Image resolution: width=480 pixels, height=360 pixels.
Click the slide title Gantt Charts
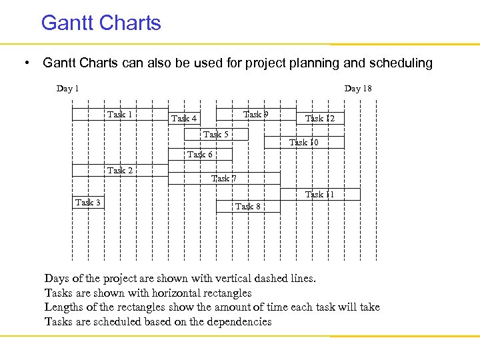point(101,23)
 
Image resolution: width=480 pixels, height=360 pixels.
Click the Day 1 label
point(67,89)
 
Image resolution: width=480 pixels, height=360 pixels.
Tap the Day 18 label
point(358,89)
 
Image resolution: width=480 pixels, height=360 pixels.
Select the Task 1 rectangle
point(120,114)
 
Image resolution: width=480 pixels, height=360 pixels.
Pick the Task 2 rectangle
point(120,170)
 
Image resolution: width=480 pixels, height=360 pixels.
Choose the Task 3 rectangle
point(88,202)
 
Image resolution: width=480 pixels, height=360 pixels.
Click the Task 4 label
point(184,119)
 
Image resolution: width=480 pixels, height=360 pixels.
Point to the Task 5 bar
point(216,135)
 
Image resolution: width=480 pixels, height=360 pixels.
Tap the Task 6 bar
point(200,155)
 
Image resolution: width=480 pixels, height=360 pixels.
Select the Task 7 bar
point(224,178)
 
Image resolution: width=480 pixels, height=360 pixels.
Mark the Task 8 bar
point(248,206)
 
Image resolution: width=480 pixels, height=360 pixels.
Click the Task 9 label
point(256,115)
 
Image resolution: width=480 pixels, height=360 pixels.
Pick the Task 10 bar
point(304,142)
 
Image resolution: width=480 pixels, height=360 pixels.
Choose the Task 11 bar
point(320,195)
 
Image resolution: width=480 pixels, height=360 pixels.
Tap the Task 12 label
point(320,119)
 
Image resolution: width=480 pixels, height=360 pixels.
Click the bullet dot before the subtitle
point(25,63)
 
